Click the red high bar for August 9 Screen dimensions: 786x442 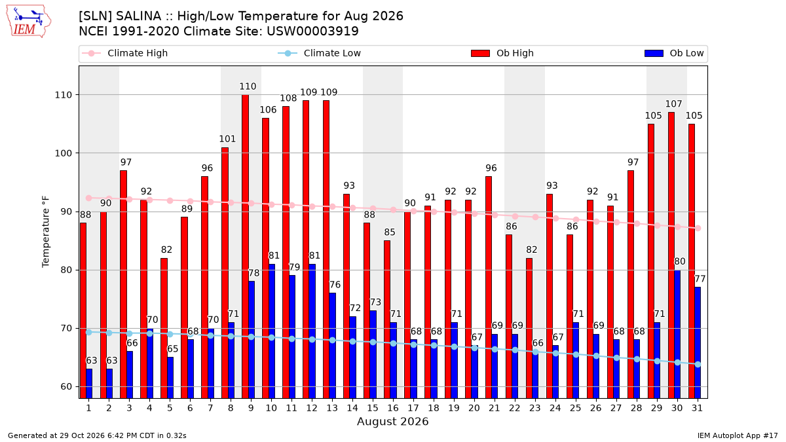tap(245, 247)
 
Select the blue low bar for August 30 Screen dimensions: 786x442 tap(677, 335)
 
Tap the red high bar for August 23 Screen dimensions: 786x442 tap(529, 328)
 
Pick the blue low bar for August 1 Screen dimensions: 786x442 tap(89, 384)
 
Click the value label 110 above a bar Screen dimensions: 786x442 tap(248, 86)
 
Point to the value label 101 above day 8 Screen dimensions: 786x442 tap(227, 139)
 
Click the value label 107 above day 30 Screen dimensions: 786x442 tap(674, 104)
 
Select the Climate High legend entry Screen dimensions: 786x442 tap(125, 53)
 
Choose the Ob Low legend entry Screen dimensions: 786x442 tap(674, 53)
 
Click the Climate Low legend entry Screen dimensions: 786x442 tap(320, 53)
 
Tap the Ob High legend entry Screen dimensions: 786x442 tap(502, 53)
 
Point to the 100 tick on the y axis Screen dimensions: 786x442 tap(63, 153)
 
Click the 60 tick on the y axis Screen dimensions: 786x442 tap(66, 387)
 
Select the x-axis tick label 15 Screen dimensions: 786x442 tap(373, 408)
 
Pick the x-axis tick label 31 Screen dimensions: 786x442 tap(697, 408)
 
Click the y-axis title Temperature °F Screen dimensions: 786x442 tap(46, 232)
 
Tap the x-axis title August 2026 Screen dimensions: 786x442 tap(392, 421)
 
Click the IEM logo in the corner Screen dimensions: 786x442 tap(29, 22)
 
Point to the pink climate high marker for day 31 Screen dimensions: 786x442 tap(698, 228)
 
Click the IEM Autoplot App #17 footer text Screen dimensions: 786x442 tap(738, 435)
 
